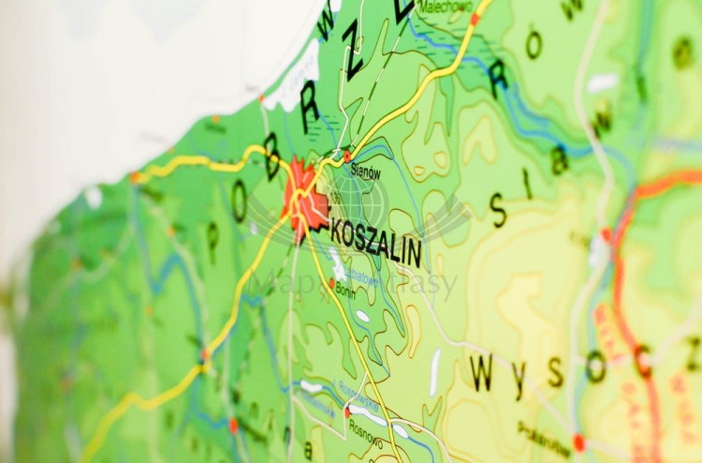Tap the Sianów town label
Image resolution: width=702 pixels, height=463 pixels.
coord(365,172)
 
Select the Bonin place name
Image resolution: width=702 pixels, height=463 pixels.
coord(345,291)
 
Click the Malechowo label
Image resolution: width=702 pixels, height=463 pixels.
coord(446,7)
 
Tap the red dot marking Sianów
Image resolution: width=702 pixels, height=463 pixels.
coord(347,157)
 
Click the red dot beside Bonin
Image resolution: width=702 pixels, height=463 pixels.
coord(332,282)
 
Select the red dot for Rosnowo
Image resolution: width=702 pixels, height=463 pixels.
coord(347,411)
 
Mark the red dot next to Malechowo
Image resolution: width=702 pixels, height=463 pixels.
coord(475,18)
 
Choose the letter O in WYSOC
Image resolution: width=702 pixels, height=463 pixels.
coord(595,366)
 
